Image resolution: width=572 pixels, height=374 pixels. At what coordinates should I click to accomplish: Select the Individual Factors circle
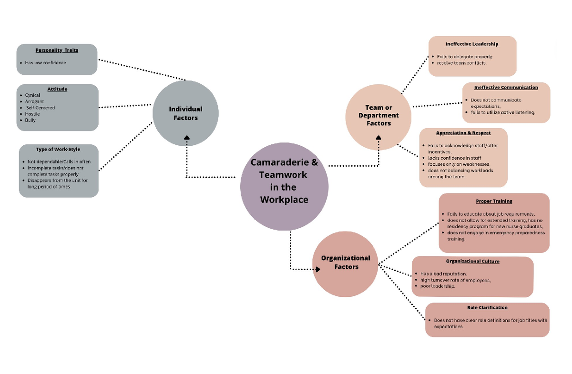pyautogui.click(x=185, y=113)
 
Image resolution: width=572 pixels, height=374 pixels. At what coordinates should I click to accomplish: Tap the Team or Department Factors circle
pyautogui.click(x=378, y=115)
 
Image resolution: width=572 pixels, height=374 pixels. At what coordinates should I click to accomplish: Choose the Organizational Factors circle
pyautogui.click(x=346, y=263)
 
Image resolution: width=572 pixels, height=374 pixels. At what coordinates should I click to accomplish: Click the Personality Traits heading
pyautogui.click(x=57, y=50)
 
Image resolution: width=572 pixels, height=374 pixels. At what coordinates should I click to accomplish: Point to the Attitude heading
pyautogui.click(x=57, y=89)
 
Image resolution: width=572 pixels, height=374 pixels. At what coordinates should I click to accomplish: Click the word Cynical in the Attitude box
pyautogui.click(x=32, y=95)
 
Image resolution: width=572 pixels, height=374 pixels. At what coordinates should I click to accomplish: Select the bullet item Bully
pyautogui.click(x=30, y=120)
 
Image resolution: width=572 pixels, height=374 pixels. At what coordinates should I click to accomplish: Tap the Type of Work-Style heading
pyautogui.click(x=58, y=150)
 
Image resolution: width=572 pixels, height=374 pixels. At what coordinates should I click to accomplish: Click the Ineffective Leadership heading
pyautogui.click(x=472, y=44)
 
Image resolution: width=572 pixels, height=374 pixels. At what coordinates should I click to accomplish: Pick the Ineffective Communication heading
pyautogui.click(x=506, y=87)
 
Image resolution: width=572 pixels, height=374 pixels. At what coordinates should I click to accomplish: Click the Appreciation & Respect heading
pyautogui.click(x=463, y=133)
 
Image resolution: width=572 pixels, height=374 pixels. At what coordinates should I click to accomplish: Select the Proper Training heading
pyautogui.click(x=494, y=201)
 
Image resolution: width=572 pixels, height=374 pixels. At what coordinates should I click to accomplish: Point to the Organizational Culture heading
pyautogui.click(x=472, y=261)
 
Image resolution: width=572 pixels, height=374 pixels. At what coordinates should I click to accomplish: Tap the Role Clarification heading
pyautogui.click(x=487, y=308)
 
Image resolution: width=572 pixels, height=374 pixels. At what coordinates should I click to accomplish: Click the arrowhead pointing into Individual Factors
pyautogui.click(x=187, y=138)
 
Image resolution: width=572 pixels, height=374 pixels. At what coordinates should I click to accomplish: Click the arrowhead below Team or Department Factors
pyautogui.click(x=378, y=138)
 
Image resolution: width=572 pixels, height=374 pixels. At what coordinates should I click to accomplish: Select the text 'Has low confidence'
pyautogui.click(x=46, y=63)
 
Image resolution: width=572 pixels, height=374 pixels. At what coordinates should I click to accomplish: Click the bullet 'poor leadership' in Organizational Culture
pyautogui.click(x=438, y=286)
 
